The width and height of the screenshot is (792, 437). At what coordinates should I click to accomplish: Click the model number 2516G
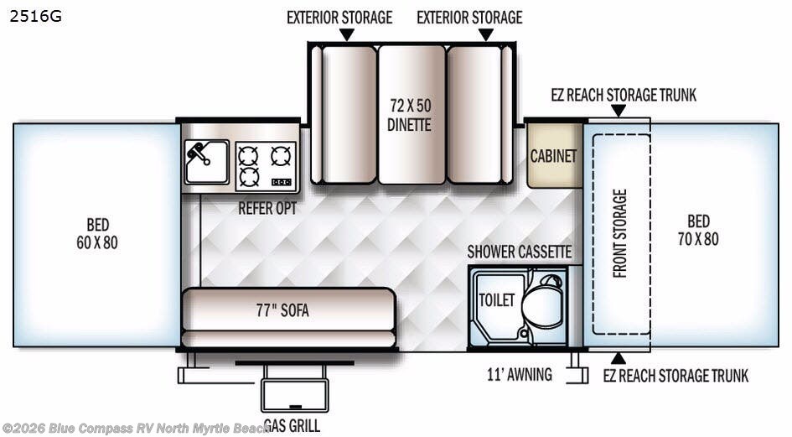(x=35, y=17)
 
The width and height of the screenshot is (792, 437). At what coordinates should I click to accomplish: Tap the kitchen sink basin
(x=206, y=162)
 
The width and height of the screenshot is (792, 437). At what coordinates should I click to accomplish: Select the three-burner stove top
(x=266, y=166)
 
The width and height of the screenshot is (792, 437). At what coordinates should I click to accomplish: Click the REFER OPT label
(x=267, y=208)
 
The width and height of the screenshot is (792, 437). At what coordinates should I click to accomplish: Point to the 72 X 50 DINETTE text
(x=410, y=115)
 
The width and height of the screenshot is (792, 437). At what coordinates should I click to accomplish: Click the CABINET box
(x=555, y=156)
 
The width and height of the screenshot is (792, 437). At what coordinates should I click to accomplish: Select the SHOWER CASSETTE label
(x=520, y=252)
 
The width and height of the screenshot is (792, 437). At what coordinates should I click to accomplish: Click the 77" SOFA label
(x=282, y=310)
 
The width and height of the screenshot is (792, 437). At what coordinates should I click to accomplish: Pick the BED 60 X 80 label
(x=97, y=234)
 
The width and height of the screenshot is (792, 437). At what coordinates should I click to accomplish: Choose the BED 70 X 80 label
(x=698, y=230)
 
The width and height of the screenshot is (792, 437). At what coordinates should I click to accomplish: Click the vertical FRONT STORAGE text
(x=619, y=234)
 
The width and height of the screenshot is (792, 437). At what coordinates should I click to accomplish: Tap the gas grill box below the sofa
(x=295, y=395)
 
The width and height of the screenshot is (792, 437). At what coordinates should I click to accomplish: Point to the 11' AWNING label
(x=520, y=374)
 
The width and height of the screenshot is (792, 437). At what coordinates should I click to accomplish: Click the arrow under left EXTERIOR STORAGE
(x=346, y=34)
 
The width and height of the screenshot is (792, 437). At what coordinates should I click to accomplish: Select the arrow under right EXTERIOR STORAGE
(x=486, y=34)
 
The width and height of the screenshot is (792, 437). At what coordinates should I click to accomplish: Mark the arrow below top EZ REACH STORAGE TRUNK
(x=619, y=111)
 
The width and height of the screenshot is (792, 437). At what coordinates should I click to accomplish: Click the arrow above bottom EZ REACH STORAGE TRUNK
(x=619, y=359)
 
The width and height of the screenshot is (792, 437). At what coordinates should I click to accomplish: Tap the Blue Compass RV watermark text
(x=136, y=429)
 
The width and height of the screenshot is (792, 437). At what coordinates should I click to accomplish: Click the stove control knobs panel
(x=282, y=182)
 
